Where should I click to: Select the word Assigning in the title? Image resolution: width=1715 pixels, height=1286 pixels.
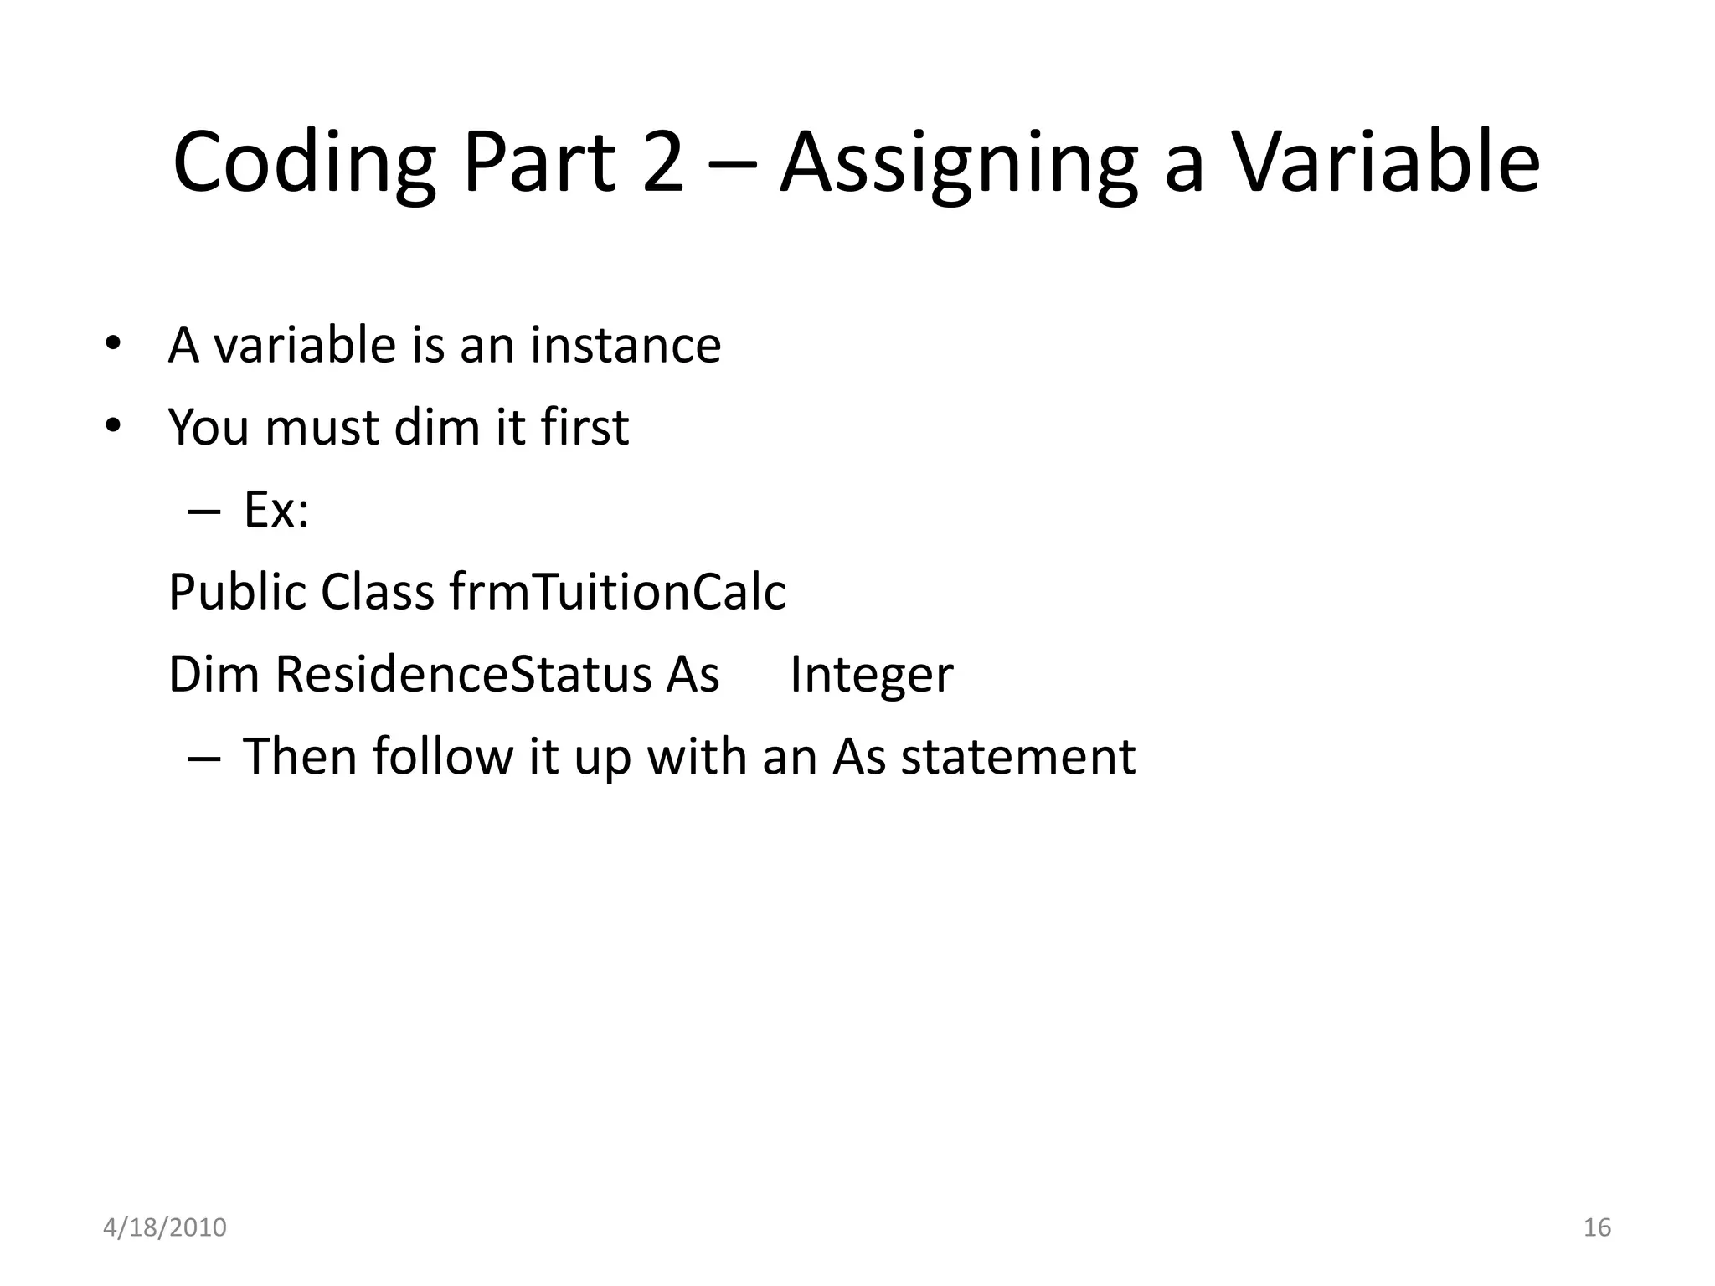tap(958, 164)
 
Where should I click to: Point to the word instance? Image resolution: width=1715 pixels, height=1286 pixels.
tap(626, 345)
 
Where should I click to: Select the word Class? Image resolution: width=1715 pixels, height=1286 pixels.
tap(378, 592)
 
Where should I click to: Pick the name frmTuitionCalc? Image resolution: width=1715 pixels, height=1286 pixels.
tap(618, 592)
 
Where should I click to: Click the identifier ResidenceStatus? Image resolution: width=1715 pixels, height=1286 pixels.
tap(462, 674)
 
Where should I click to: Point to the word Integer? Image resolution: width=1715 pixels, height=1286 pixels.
tap(871, 674)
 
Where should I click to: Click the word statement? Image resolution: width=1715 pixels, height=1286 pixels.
tap(1017, 757)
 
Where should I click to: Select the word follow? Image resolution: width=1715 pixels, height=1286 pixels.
tap(442, 757)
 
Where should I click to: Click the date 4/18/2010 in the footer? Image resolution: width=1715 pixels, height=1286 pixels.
tap(165, 1227)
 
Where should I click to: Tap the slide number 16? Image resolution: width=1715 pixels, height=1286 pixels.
tap(1597, 1227)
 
